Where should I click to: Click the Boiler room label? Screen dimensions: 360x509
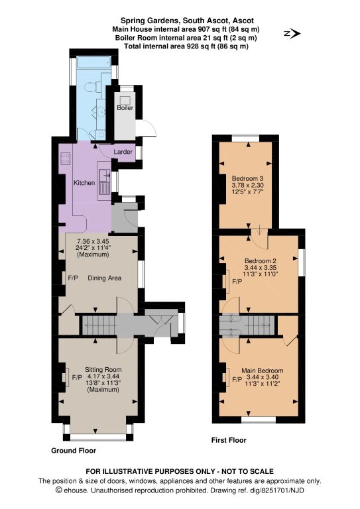(125, 108)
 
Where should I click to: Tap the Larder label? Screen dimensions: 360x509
(123, 152)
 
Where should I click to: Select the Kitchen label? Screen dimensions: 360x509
(84, 183)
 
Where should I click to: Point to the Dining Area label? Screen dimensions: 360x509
(105, 278)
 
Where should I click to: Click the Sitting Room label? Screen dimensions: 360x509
(103, 369)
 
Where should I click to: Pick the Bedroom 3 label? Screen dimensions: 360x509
(247, 178)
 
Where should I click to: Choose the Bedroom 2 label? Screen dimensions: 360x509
(261, 260)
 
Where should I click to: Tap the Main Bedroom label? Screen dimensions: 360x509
(263, 370)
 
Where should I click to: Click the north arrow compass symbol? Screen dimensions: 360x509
(292, 33)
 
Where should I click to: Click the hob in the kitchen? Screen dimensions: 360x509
(66, 158)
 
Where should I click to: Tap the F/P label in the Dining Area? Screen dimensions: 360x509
(73, 278)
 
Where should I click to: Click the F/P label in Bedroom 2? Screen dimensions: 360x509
(237, 282)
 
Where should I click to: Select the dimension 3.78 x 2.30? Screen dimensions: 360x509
(247, 185)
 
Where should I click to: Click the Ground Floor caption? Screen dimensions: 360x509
(74, 451)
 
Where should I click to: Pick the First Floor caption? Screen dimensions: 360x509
(229, 440)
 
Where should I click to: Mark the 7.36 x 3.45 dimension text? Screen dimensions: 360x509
(93, 241)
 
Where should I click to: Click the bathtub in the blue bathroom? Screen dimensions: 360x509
(94, 62)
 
